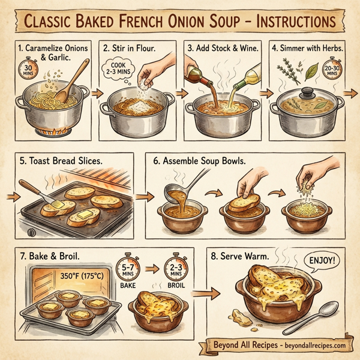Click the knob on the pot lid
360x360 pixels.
click(307, 92)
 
